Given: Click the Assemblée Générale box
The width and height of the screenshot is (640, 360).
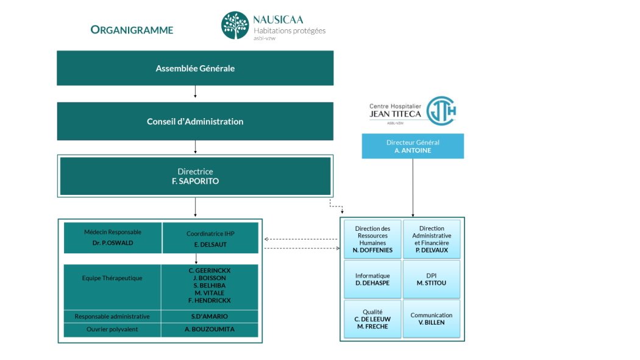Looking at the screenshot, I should click(x=195, y=68).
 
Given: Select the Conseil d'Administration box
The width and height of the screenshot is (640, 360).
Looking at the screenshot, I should click(x=195, y=121).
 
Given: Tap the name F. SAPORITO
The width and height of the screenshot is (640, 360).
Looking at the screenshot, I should click(x=195, y=182).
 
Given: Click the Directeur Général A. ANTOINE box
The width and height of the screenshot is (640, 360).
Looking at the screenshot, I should click(x=413, y=146).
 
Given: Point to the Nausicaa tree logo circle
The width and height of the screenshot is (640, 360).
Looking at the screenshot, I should click(x=235, y=26).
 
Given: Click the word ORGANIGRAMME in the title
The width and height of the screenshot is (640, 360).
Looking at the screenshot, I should click(x=132, y=30).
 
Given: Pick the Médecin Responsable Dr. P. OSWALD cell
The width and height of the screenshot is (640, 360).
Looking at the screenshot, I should click(x=113, y=238).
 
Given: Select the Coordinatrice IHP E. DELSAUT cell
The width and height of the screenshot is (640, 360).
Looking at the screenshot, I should click(x=210, y=238).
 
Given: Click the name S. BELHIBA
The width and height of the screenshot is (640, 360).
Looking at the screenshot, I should click(x=210, y=285).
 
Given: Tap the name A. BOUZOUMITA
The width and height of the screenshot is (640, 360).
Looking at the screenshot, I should click(x=210, y=330).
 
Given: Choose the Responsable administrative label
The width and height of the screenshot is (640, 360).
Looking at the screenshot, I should click(x=112, y=316).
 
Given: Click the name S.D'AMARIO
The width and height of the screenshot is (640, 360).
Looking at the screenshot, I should click(x=210, y=316).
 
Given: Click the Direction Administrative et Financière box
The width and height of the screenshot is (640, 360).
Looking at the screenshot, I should click(x=432, y=239).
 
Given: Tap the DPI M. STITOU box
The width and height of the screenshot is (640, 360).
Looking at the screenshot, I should click(x=432, y=280).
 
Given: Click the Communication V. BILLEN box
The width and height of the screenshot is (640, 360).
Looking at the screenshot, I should click(x=432, y=319).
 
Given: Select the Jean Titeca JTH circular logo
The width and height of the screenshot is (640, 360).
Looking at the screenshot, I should click(x=441, y=111).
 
